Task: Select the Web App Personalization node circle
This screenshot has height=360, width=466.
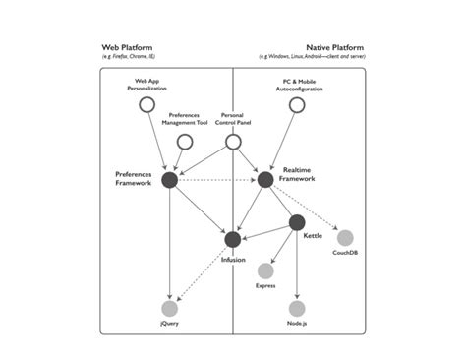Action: tap(146, 104)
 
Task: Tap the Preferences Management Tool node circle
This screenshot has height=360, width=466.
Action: tap(184, 142)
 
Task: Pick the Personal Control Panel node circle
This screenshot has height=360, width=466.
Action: tap(233, 142)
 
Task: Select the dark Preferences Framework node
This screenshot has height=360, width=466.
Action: tap(169, 179)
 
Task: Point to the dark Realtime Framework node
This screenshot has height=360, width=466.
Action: tap(265, 179)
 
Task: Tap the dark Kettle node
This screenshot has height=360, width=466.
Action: tap(297, 222)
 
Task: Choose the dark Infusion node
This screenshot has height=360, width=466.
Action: tap(233, 239)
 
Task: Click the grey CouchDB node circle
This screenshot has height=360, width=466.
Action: tap(344, 237)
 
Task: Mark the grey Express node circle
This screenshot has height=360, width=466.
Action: tap(265, 270)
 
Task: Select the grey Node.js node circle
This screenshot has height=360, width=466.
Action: tap(297, 309)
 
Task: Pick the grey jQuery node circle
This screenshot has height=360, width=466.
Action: tap(169, 309)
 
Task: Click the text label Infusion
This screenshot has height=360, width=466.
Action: tap(233, 259)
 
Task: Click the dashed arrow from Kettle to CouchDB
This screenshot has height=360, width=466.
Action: tap(321, 230)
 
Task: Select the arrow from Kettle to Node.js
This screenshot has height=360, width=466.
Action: tap(297, 266)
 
